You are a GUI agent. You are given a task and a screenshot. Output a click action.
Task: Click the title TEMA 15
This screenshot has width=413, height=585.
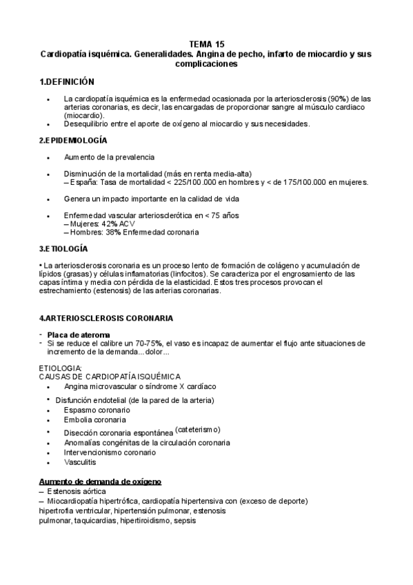click(x=206, y=43)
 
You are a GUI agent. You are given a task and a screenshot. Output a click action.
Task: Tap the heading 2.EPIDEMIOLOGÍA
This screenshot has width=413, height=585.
click(x=73, y=140)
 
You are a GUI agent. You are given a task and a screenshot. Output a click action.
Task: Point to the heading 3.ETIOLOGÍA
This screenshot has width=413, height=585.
click(x=64, y=248)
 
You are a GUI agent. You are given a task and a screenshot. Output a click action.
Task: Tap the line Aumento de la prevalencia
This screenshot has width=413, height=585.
click(x=109, y=157)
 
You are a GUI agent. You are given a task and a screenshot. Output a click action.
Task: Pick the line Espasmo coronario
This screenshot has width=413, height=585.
click(x=95, y=410)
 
